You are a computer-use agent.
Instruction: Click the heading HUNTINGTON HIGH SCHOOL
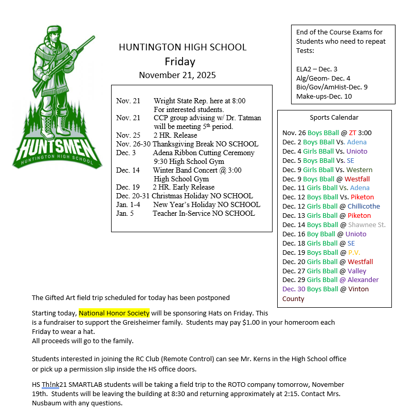pos(183,47)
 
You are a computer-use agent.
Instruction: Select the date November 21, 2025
pos(177,75)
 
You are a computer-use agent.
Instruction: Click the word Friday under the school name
pos(180,62)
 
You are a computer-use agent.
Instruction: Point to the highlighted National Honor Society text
pos(114,313)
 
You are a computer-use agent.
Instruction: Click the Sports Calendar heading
pos(334,118)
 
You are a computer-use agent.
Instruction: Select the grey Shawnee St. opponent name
pos(367,225)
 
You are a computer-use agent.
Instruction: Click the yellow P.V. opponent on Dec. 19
pos(354,253)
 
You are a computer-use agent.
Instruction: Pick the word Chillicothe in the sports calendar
pos(364,207)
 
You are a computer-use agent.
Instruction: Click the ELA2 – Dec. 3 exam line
pos(317,69)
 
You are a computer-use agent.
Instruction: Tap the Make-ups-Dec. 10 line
pos(324,96)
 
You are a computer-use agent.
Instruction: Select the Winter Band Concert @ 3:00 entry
pos(197,170)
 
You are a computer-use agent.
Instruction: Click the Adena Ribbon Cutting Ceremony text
pos(203,153)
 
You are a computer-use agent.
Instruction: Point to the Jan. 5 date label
pos(125,213)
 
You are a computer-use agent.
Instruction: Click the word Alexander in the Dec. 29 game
pos(363,280)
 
